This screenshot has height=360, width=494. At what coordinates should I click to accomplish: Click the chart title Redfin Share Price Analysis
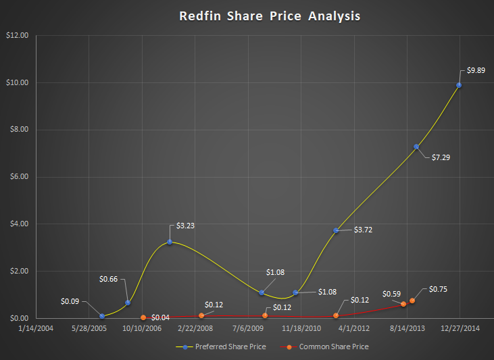coord(270,16)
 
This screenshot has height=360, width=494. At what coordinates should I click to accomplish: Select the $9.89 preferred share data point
coord(459,85)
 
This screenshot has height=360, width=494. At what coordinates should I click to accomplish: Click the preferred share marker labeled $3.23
coord(170,242)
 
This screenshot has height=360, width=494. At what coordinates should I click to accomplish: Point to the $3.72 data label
coord(363,230)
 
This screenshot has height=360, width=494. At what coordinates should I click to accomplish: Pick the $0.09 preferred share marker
coord(102,315)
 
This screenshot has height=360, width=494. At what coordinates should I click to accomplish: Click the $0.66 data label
coord(109,278)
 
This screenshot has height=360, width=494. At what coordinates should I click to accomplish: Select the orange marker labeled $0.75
coord(412,301)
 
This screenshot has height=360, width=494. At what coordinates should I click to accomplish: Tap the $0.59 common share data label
coord(391,294)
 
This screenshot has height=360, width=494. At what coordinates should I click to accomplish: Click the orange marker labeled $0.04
coord(143,317)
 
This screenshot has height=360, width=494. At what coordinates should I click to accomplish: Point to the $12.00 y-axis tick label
coord(16,35)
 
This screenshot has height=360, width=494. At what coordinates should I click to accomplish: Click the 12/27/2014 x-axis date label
coord(460,329)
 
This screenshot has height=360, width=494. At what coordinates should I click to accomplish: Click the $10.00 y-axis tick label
coord(16,82)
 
